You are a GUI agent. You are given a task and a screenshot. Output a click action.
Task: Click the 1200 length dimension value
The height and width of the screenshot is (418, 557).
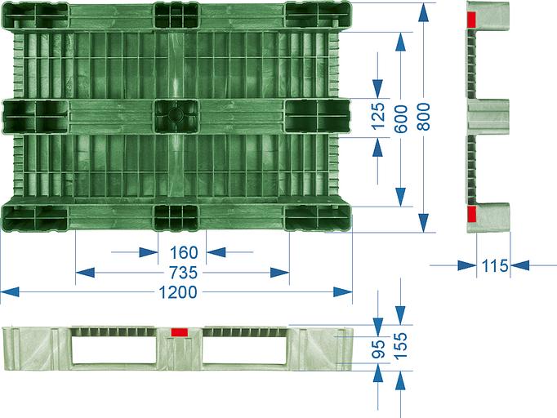pyautogui.click(x=177, y=292)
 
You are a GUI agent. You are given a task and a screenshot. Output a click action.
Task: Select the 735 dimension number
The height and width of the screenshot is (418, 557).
pyautogui.click(x=183, y=273)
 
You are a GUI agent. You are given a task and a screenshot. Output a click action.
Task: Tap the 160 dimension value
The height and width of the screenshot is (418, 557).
pyautogui.click(x=184, y=252)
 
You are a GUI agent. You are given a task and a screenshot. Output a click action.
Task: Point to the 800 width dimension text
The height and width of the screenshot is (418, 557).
pyautogui.click(x=423, y=116)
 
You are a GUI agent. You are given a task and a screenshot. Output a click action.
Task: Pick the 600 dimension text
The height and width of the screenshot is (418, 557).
pyautogui.click(x=401, y=118)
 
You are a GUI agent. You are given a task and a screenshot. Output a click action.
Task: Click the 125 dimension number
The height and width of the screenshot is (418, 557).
pyautogui.click(x=378, y=116)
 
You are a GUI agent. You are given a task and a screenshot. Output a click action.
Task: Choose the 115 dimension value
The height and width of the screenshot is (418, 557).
pyautogui.click(x=495, y=265)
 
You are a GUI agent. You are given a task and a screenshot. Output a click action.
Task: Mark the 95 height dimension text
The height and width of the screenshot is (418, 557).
pyautogui.click(x=378, y=349)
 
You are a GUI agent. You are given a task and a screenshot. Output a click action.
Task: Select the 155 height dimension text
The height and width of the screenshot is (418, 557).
pyautogui.click(x=401, y=346)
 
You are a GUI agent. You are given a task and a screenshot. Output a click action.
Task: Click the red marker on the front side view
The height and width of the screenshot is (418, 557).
pyautogui.click(x=180, y=332)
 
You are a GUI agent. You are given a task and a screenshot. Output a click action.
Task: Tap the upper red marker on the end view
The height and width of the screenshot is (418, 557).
pyautogui.click(x=471, y=20)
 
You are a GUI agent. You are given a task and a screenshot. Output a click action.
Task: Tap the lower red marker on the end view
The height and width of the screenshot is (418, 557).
pyautogui.click(x=471, y=213)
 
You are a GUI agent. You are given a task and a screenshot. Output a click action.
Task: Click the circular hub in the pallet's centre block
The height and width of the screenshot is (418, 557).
pyautogui.click(x=175, y=114)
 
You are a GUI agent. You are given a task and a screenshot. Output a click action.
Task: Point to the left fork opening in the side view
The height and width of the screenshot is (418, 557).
pyautogui.click(x=114, y=349)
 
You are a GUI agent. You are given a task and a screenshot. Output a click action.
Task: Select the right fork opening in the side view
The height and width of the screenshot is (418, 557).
pyautogui.click(x=244, y=349)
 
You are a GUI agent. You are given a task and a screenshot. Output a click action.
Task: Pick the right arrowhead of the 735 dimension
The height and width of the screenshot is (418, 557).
pyautogui.click(x=279, y=273)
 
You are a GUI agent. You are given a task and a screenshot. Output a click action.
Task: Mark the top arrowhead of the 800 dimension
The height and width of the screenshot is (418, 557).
pyautogui.click(x=423, y=13)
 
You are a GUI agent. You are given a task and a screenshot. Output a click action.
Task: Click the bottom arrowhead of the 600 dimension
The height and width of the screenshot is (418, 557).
pyautogui.click(x=401, y=197)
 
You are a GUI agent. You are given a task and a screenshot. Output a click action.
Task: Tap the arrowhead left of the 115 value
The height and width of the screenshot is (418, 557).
pyautogui.click(x=467, y=265)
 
